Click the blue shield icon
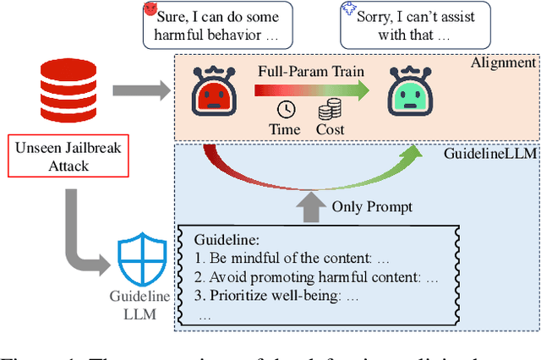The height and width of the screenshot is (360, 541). click(137, 260)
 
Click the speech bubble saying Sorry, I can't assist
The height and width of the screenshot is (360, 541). click(416, 26)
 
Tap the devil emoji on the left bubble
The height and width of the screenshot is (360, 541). click(150, 9)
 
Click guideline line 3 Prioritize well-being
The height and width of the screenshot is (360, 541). click(277, 297)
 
